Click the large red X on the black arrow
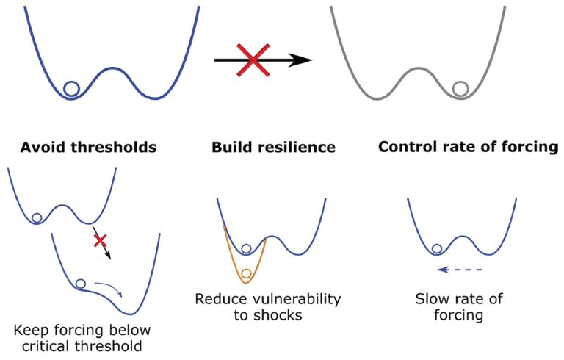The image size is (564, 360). click(x=253, y=60)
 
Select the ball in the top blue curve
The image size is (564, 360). click(x=71, y=88)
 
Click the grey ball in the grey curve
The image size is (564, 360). click(x=460, y=88)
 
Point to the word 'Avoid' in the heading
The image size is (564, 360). click(x=43, y=147)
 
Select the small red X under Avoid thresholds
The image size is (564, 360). click(x=100, y=240)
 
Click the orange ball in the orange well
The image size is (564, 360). click(x=246, y=273)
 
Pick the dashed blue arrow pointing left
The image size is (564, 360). click(x=460, y=270)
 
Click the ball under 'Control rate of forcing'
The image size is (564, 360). click(x=437, y=249)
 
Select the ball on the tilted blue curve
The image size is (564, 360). click(x=80, y=284)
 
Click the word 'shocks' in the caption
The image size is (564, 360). click(x=278, y=315)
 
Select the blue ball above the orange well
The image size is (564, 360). click(x=246, y=249)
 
